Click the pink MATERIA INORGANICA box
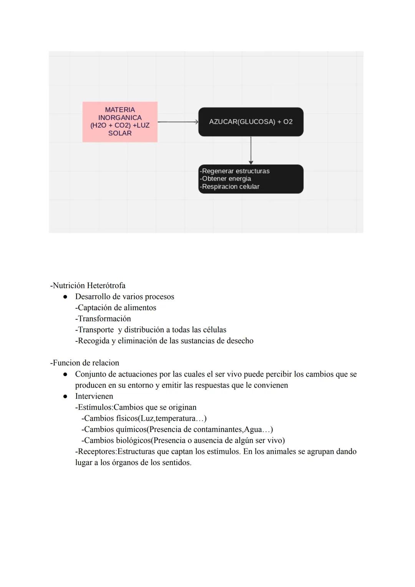120,122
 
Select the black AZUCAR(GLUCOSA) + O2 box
251,122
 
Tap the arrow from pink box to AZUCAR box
178,122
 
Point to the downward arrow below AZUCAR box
251,151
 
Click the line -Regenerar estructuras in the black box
235,171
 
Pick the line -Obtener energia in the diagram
226,179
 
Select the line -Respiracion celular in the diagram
230,187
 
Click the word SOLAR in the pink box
120,133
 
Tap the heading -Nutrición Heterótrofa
88,286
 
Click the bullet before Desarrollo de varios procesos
65,297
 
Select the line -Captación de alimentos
116,308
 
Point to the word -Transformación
103,319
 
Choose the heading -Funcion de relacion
85,363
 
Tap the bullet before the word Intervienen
65,396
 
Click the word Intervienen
94,396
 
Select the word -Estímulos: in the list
94,407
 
